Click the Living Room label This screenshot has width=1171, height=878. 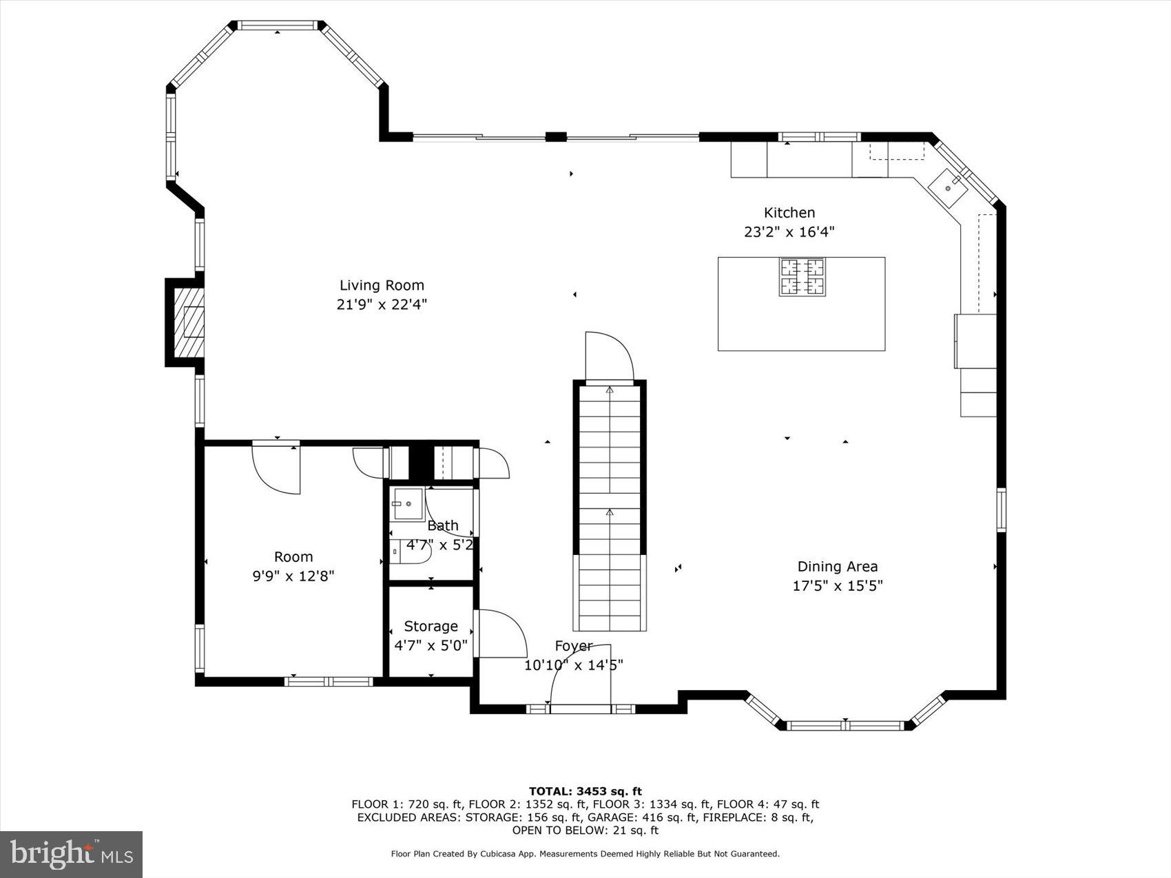pyautogui.click(x=382, y=285)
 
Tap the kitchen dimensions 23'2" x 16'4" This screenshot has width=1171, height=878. pyautogui.click(x=789, y=232)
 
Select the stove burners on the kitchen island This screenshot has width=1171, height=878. pyautogui.click(x=802, y=277)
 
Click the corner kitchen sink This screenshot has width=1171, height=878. pyautogui.click(x=949, y=185)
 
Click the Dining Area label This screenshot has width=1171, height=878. pyautogui.click(x=837, y=566)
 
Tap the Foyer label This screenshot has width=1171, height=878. pyautogui.click(x=573, y=645)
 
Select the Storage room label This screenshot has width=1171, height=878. pyautogui.click(x=431, y=626)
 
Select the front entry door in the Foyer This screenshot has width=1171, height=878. pyautogui.click(x=581, y=675)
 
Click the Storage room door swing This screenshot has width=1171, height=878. pyautogui.click(x=501, y=634)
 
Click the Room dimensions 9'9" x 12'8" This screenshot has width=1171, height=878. pyautogui.click(x=293, y=576)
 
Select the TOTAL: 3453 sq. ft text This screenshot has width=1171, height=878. pyautogui.click(x=585, y=791)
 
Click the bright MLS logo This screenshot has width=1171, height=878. pyautogui.click(x=72, y=854)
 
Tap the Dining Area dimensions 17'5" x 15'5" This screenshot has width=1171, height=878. pyautogui.click(x=837, y=586)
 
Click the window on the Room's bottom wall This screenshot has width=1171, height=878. pyautogui.click(x=329, y=682)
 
